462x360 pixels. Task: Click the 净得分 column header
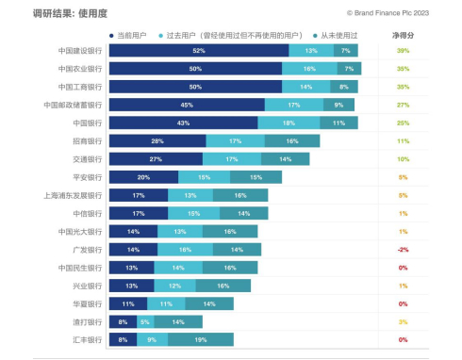[x=402, y=34]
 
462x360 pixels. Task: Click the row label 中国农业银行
[x=78, y=69]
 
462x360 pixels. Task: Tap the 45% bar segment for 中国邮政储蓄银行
[x=187, y=105]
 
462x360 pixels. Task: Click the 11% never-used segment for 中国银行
[x=338, y=123]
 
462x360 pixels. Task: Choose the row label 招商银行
[x=86, y=141]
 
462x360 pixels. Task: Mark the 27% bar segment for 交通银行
[x=157, y=159]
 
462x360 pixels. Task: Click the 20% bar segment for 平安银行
[x=144, y=177]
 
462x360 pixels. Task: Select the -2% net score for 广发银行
[x=402, y=250]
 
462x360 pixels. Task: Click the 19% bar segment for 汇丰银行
[x=200, y=340]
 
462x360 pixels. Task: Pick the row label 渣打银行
[x=86, y=322]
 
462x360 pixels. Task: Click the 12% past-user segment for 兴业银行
[x=174, y=286]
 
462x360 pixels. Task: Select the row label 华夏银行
[x=86, y=304]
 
